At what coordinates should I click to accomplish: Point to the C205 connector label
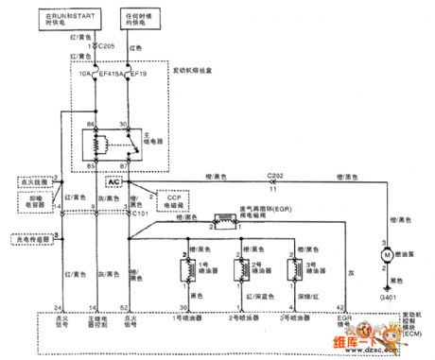tap(97, 43)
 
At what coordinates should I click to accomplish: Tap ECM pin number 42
tap(352, 307)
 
